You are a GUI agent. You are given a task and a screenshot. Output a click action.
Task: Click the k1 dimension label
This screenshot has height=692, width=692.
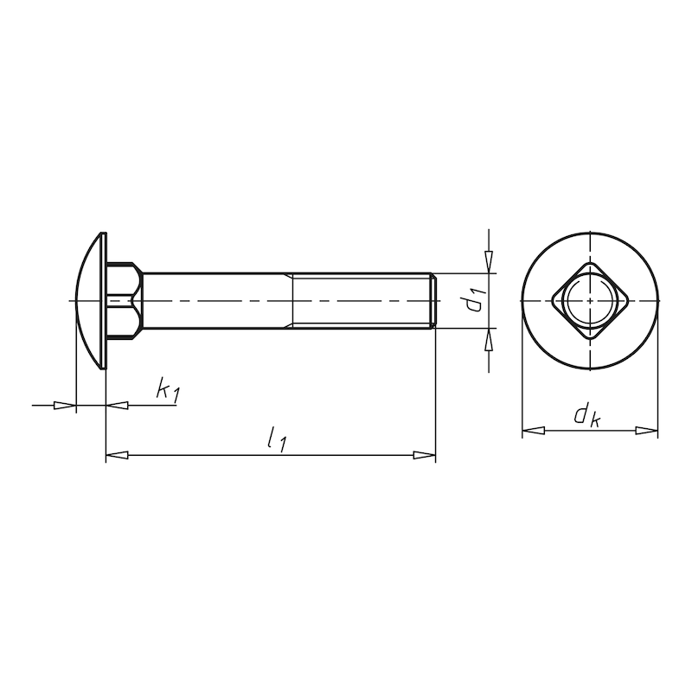(167, 390)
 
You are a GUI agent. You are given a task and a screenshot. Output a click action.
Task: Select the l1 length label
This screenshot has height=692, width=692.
(277, 440)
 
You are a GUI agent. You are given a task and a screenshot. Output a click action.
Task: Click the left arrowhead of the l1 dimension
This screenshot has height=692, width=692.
(117, 455)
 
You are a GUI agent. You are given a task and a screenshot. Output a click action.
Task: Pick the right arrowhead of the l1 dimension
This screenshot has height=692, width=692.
(424, 455)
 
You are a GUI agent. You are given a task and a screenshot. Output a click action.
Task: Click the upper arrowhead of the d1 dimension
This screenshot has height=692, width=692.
(489, 262)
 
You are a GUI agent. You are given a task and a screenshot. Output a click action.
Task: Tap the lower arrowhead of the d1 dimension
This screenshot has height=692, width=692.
(489, 339)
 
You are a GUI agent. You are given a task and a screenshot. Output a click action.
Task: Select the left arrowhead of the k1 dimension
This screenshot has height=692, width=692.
(65, 405)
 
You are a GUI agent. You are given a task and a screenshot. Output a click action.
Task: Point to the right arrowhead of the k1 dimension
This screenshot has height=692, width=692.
(117, 405)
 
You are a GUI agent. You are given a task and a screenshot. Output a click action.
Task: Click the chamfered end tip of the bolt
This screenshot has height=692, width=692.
(432, 301)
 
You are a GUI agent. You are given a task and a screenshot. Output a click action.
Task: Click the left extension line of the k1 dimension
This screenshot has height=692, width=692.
(76, 381)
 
